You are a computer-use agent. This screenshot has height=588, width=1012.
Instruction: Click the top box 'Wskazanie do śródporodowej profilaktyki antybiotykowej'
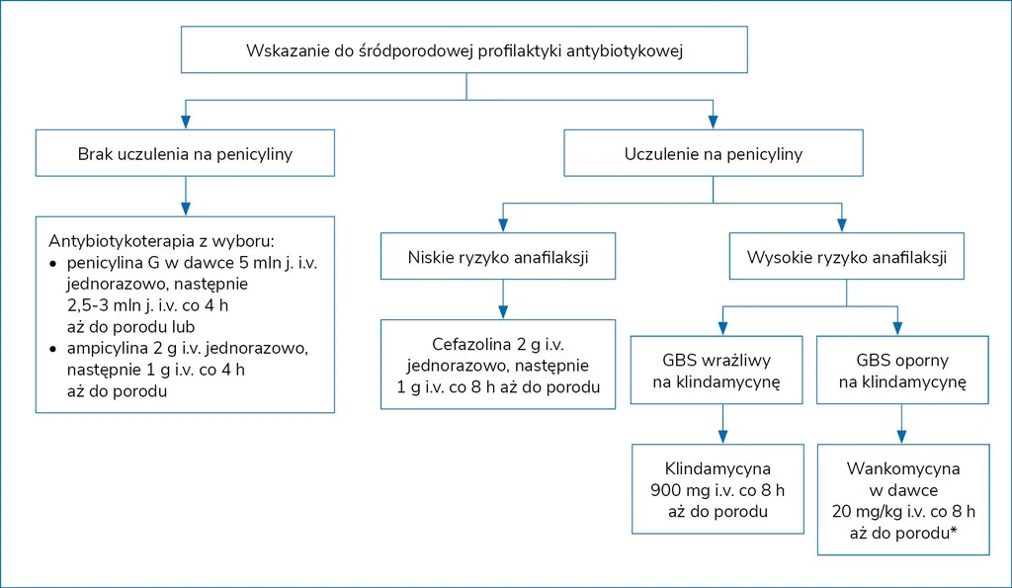point(464,50)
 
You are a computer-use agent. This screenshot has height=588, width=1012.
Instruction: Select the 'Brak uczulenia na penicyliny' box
point(185,154)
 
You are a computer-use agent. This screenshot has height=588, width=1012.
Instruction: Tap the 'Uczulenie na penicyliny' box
point(713,154)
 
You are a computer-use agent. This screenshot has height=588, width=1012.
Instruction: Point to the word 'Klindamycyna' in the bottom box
point(717,468)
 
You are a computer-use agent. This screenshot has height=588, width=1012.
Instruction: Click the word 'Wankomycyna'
point(902,469)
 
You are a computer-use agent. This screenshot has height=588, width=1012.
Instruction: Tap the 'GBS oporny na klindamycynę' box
point(902,371)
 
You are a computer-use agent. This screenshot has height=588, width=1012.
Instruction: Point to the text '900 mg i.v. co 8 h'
point(717,490)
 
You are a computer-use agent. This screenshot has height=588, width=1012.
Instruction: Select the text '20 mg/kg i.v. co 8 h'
point(902,512)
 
